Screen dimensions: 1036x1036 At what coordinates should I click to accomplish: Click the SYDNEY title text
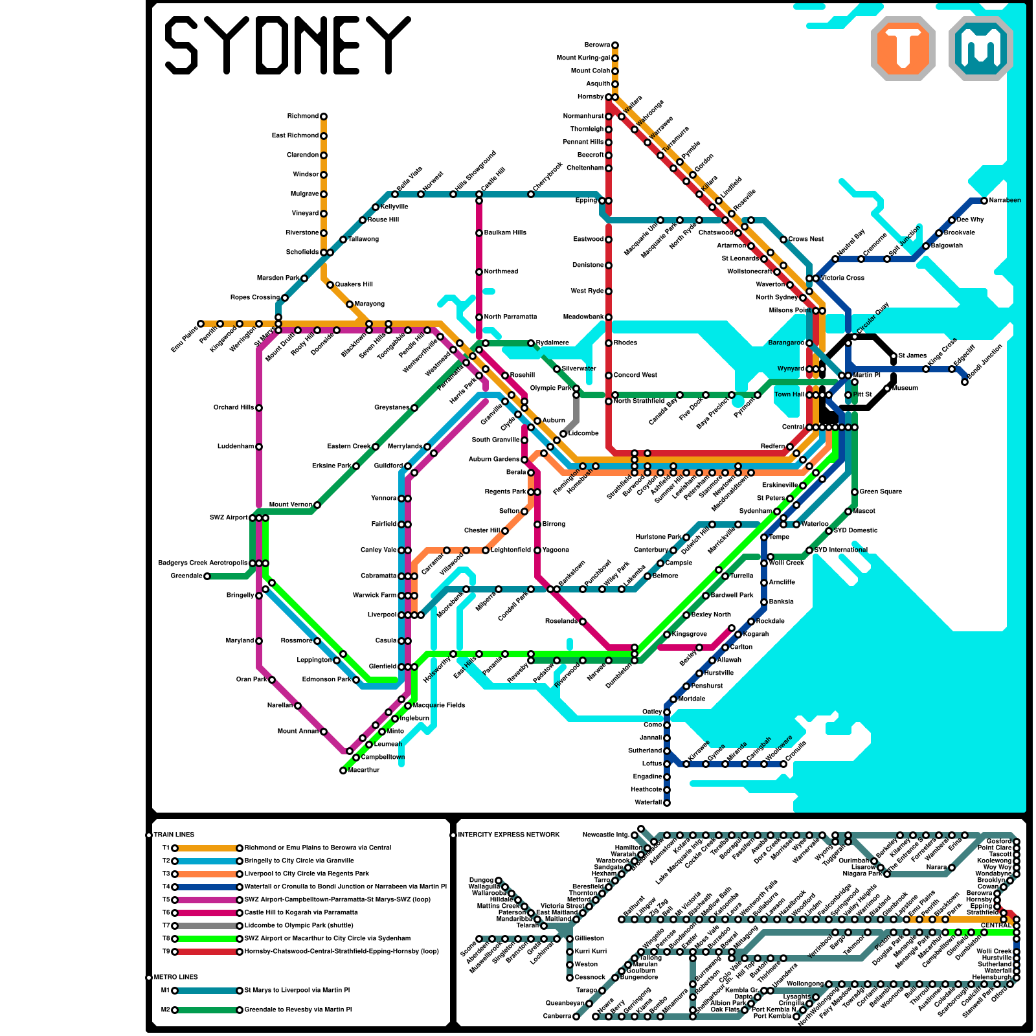287,45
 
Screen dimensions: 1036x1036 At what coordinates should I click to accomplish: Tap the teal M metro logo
980,49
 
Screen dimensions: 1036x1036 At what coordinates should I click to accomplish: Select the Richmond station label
302,117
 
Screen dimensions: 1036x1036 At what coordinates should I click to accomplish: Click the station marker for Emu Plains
201,324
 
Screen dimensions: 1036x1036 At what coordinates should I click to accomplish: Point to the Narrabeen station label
1005,201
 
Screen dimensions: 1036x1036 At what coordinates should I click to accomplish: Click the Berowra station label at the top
596,45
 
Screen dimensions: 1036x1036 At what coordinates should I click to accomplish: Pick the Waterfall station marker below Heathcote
667,803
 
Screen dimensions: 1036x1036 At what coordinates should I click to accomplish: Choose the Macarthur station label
363,771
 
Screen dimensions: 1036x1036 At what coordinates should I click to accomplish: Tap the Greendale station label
186,576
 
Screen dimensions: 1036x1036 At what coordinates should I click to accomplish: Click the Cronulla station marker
783,764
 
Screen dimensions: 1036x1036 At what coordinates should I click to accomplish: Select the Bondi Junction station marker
965,382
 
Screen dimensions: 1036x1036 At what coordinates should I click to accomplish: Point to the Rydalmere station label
552,343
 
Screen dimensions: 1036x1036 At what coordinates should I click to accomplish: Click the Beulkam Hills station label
505,233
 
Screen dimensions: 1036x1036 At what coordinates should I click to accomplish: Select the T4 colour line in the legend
207,887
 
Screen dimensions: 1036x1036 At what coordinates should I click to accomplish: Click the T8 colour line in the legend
207,939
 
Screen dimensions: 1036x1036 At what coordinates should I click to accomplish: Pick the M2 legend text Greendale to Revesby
298,1010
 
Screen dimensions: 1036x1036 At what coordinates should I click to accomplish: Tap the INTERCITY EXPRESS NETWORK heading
508,835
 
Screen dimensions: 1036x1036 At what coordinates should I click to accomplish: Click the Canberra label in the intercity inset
556,1017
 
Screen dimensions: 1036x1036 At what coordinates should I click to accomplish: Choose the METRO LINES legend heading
175,978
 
